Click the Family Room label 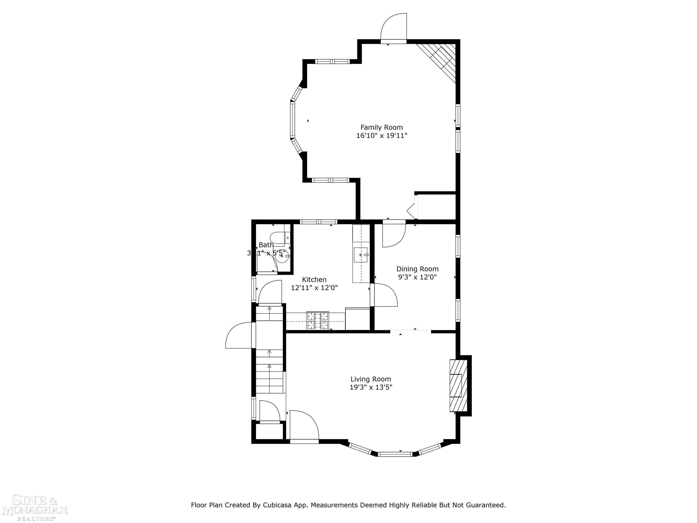coord(382,127)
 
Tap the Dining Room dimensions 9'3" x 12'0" coord(417,277)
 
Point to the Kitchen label coord(314,279)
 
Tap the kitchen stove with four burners coord(318,320)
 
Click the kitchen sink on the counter coord(361,255)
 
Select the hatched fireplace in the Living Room coord(458,385)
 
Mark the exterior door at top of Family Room coord(394,28)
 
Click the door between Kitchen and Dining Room coord(383,295)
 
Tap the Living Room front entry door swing coord(303,426)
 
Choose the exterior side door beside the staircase coord(239,336)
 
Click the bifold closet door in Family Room coord(412,208)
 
